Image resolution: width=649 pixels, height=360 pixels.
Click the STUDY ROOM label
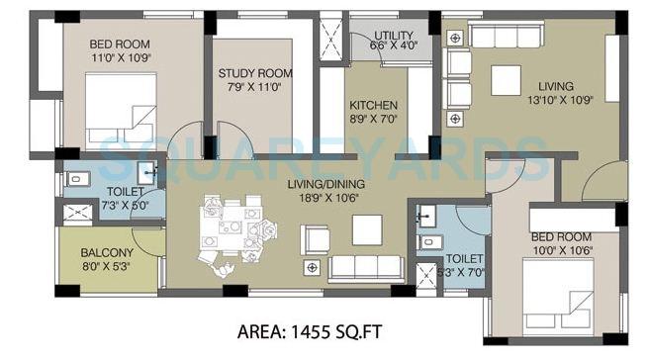pos(255,73)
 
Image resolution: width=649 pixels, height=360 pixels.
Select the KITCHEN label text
pos(373,105)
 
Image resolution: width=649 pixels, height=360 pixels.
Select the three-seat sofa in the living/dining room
pos(365,267)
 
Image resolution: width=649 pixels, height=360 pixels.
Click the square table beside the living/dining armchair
pos(367,229)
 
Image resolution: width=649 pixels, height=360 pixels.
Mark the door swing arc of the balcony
pos(148,237)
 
